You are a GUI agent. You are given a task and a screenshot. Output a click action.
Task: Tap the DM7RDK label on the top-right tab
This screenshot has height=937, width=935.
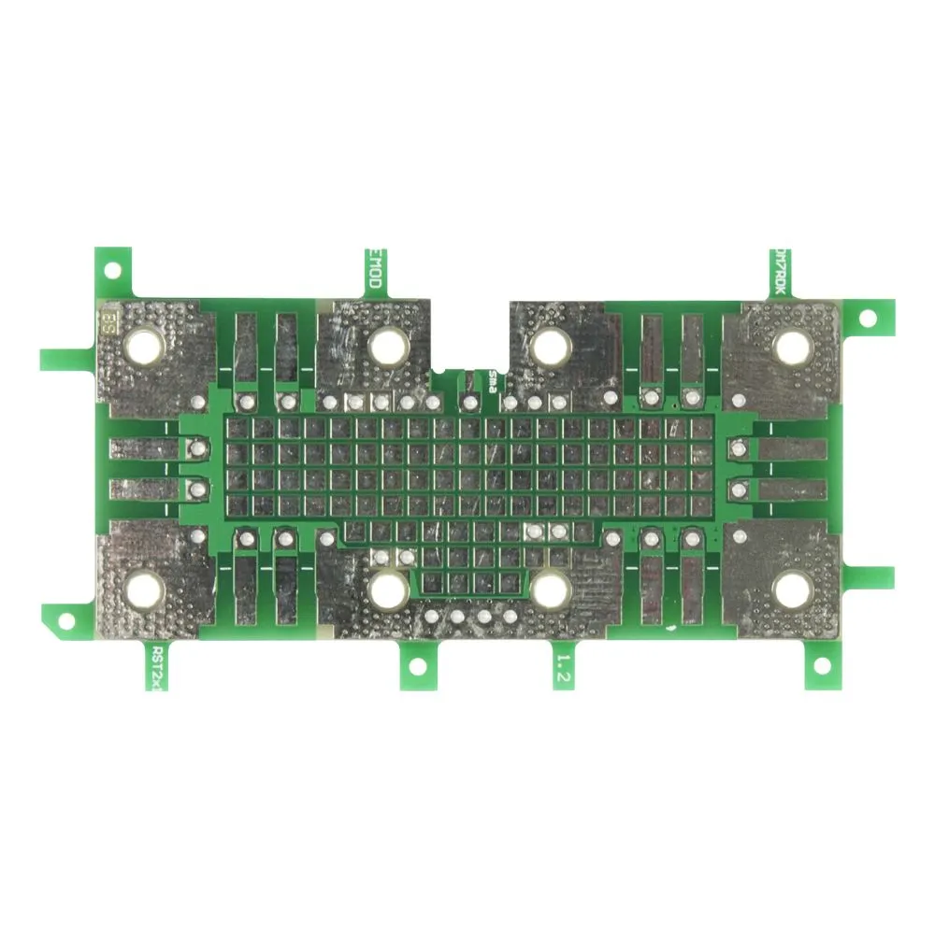point(779,273)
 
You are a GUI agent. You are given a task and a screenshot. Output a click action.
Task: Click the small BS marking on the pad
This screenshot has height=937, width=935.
point(108,324)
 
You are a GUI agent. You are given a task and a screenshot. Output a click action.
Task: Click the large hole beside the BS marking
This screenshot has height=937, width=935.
point(146,347)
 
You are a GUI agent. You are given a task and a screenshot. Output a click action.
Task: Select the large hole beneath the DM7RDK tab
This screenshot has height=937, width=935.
point(792,347)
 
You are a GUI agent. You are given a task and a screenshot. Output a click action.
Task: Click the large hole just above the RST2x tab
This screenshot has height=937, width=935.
point(146,589)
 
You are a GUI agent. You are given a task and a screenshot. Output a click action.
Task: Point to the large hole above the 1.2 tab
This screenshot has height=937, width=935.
point(552,589)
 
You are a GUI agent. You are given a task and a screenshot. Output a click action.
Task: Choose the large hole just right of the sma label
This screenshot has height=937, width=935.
point(552,347)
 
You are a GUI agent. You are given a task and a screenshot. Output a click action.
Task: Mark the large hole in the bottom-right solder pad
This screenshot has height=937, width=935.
point(792,589)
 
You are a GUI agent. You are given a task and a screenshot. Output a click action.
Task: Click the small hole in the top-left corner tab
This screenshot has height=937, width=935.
point(112,270)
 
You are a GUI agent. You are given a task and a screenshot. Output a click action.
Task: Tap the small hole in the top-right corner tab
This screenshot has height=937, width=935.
point(867,318)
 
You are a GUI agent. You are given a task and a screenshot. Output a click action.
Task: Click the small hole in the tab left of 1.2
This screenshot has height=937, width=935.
point(416,666)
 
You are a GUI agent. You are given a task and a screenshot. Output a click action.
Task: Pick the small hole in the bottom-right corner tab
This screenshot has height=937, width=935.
point(823,665)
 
